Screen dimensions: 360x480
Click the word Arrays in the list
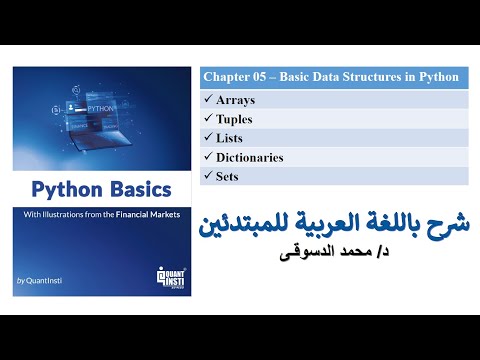click(x=236, y=100)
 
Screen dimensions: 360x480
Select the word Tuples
click(x=236, y=119)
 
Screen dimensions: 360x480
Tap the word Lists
click(x=230, y=138)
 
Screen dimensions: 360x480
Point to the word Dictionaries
click(x=250, y=157)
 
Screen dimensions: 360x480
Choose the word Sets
click(x=228, y=176)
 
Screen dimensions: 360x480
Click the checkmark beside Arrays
click(x=207, y=100)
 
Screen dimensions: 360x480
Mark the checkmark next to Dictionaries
click(x=207, y=157)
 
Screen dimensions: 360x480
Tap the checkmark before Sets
click(x=207, y=176)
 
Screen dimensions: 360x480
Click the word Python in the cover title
click(x=66, y=189)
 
